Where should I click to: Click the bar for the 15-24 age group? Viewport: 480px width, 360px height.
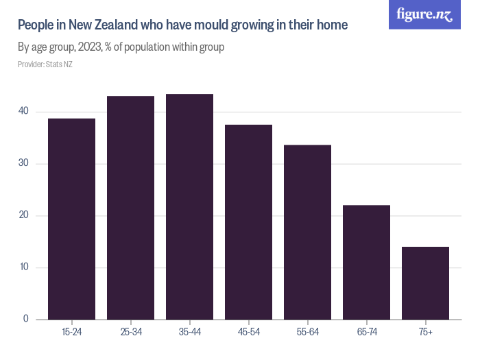(71, 219)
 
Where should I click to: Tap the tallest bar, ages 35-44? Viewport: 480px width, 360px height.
(189, 206)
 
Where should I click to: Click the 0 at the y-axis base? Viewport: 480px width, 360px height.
(26, 319)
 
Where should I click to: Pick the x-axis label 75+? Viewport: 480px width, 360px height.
(425, 333)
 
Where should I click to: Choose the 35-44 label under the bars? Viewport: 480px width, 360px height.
(189, 333)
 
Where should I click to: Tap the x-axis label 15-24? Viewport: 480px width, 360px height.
(71, 333)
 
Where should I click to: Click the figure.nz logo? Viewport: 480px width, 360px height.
(425, 14)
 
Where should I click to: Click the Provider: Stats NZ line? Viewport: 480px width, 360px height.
(45, 64)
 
